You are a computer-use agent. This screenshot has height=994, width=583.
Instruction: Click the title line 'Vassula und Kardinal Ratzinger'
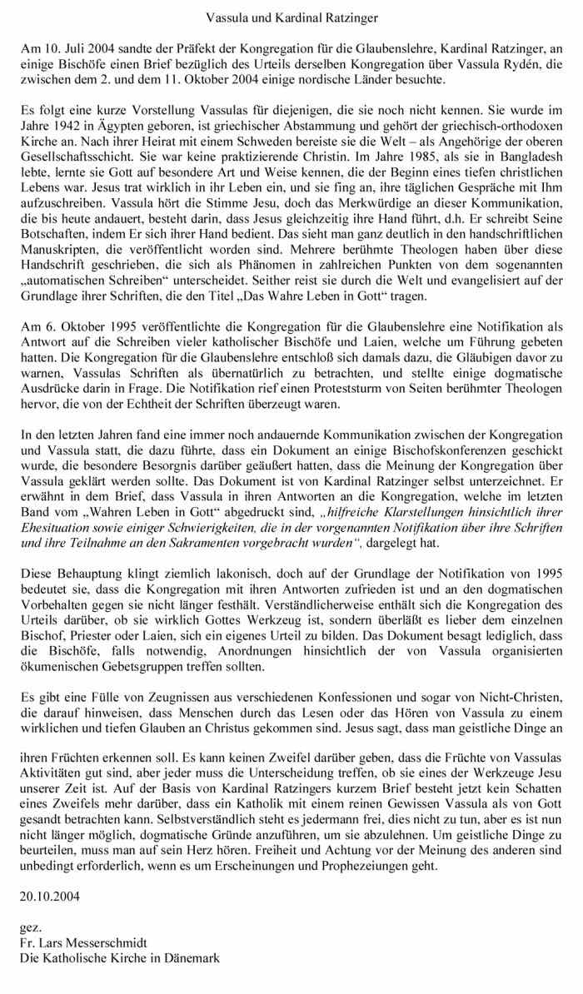coord(291,16)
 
